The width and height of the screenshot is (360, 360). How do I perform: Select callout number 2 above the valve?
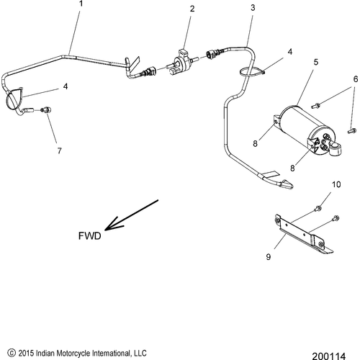tap(192, 9)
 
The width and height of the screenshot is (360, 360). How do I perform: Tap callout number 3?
tap(253, 7)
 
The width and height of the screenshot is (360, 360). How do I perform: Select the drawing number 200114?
tap(337, 354)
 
